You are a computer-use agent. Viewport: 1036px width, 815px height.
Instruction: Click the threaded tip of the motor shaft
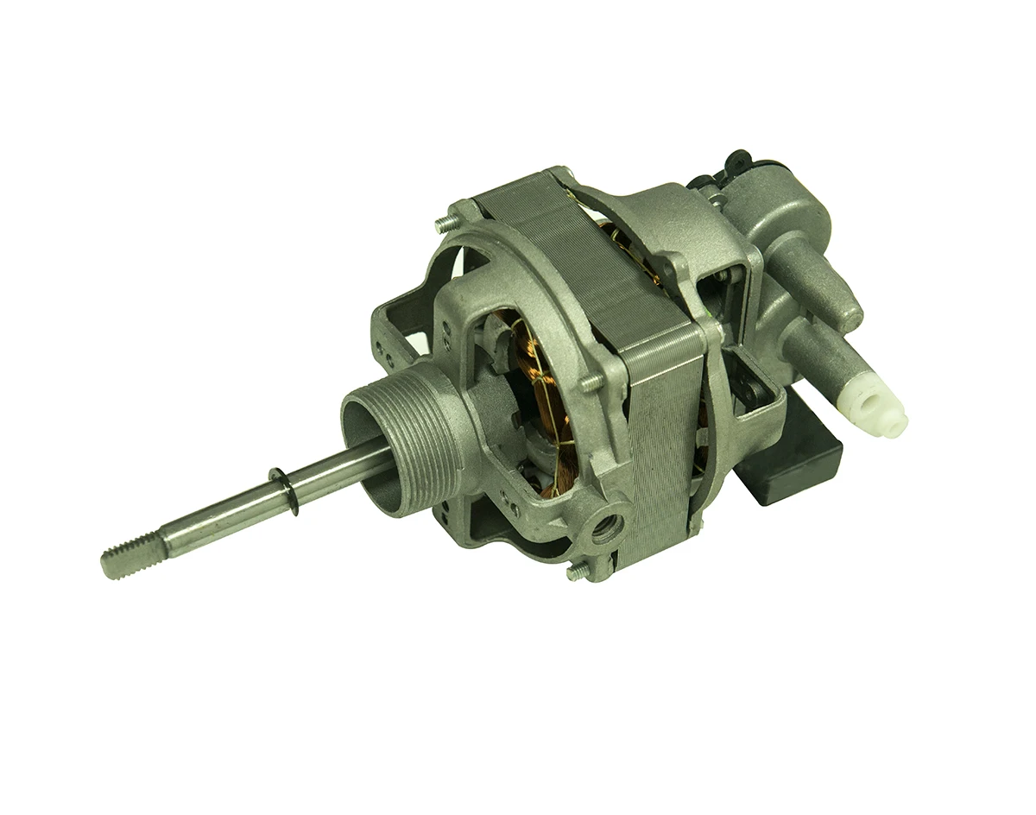(121, 560)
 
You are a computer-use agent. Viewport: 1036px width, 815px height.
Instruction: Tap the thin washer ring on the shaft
(284, 490)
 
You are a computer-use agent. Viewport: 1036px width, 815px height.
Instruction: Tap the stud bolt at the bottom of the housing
(575, 572)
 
